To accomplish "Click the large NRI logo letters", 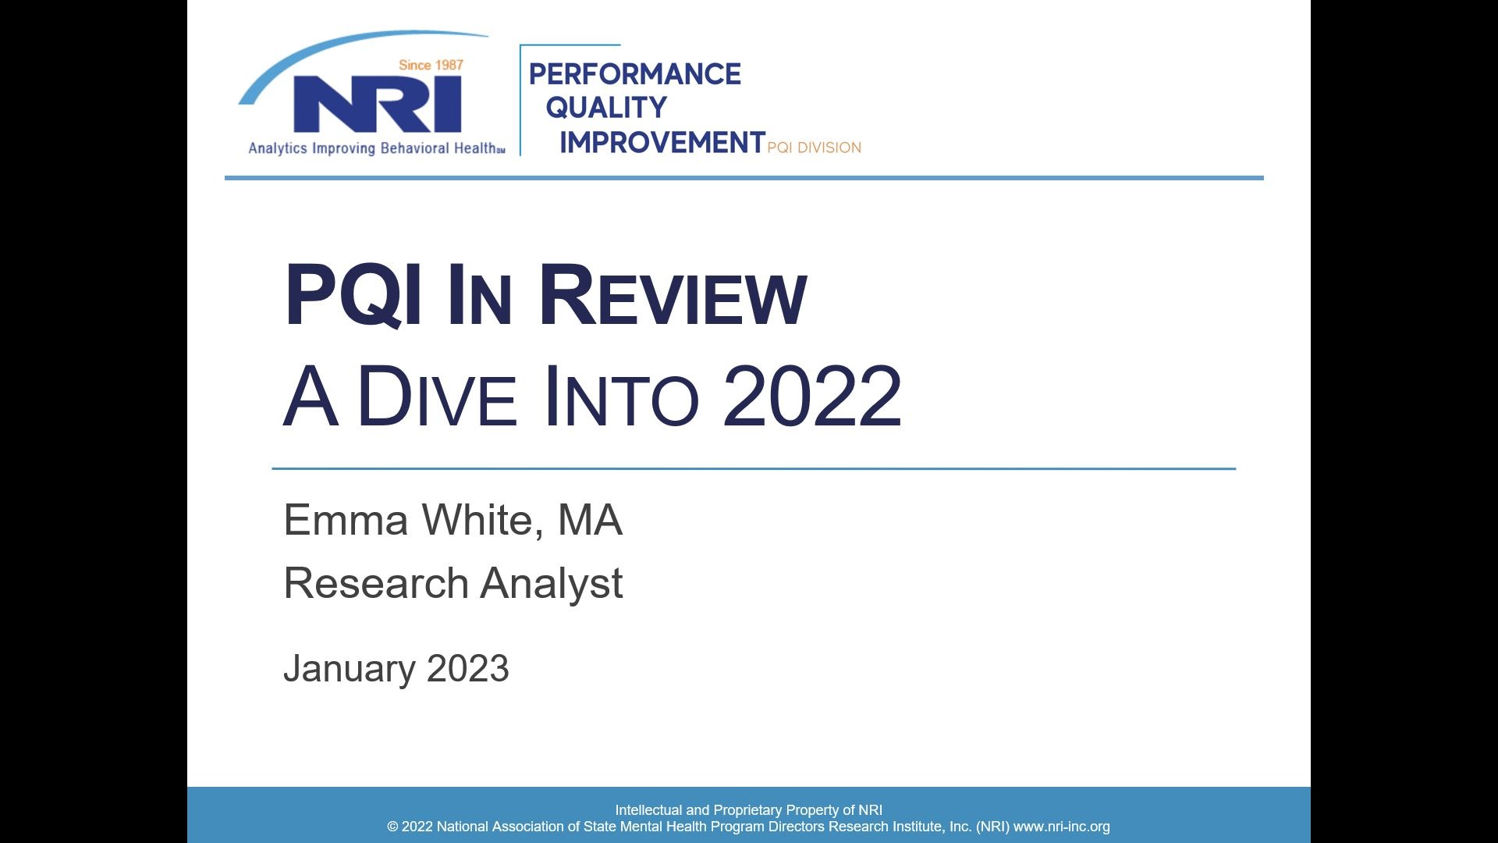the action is click(377, 104).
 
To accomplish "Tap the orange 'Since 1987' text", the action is click(431, 65).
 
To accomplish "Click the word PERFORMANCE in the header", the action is click(635, 74).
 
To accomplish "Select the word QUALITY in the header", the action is click(606, 108).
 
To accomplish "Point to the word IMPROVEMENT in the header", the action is click(662, 142).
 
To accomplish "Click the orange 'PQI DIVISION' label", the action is click(815, 148).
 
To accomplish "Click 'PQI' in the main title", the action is click(353, 295).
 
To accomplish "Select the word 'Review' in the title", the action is click(673, 295).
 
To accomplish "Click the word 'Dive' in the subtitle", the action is click(436, 397).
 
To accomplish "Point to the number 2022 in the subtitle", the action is click(812, 396).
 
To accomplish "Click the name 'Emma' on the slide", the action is click(346, 520).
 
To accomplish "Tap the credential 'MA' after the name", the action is click(590, 520).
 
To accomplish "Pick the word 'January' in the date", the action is click(349, 669).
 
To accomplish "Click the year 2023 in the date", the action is click(468, 669).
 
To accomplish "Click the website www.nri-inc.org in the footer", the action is click(1061, 827).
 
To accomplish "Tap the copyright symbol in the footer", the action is click(392, 827).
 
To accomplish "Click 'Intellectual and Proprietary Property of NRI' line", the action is click(749, 810).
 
